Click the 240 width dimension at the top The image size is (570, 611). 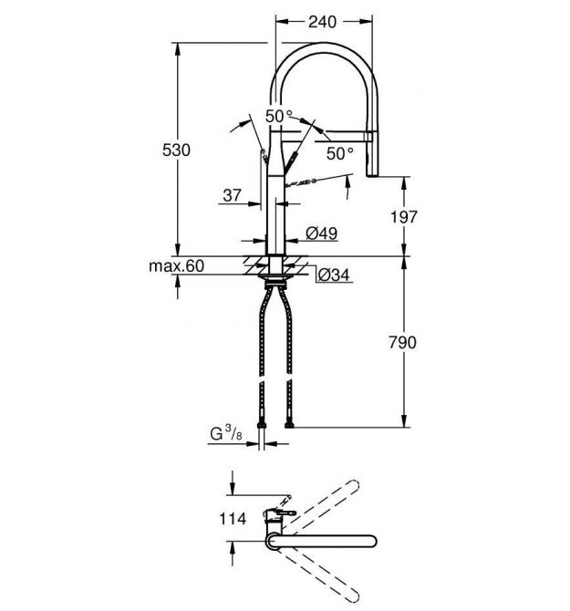tap(322, 22)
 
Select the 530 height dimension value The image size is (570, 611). tap(176, 150)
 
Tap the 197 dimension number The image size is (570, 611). tap(404, 217)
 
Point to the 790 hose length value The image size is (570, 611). tap(403, 343)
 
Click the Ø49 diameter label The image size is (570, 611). tap(321, 233)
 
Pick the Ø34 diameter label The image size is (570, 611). tap(334, 274)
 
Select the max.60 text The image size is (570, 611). tap(177, 266)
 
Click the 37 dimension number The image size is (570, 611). tap(233, 195)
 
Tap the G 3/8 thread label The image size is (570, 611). tap(226, 434)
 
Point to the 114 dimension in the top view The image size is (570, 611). tap(233, 519)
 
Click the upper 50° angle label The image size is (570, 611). tap(279, 116)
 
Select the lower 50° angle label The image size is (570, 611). tap(340, 153)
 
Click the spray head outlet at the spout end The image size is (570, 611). tap(372, 174)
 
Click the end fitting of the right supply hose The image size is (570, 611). tap(289, 423)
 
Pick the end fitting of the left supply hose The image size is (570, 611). tap(262, 423)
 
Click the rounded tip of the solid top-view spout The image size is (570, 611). tap(372, 541)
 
